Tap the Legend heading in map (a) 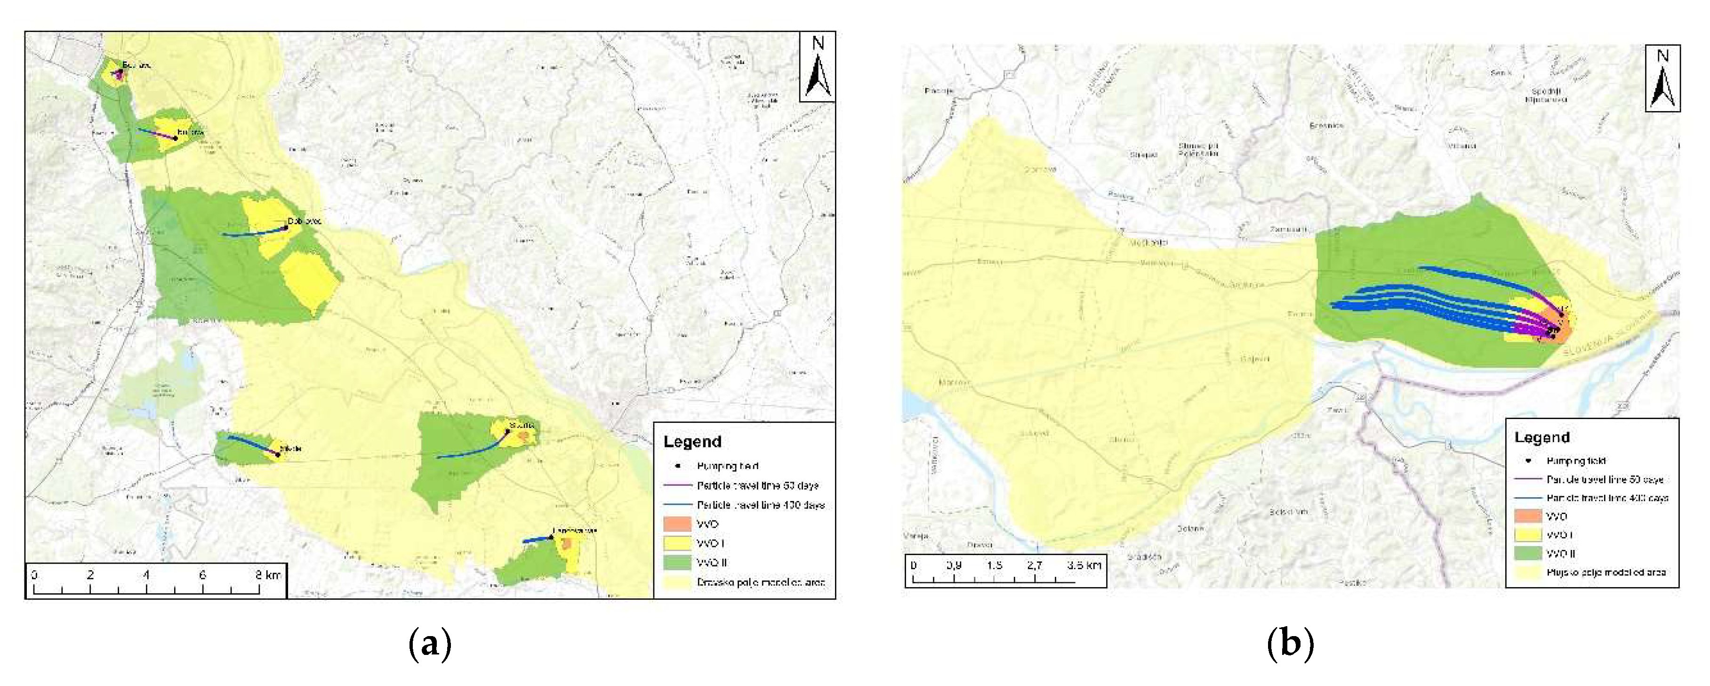pos(692,442)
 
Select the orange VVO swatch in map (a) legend pos(677,524)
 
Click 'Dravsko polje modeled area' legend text pos(761,582)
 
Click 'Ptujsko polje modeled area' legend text pos(1605,572)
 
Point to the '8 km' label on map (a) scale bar pos(268,574)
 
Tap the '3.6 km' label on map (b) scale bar pos(1084,565)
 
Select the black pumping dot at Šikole pos(278,455)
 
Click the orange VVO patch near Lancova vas pos(566,545)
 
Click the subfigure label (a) pos(430,644)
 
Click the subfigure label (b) pos(1290,644)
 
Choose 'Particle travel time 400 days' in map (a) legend pos(760,505)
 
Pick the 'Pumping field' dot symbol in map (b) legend pos(1529,460)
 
